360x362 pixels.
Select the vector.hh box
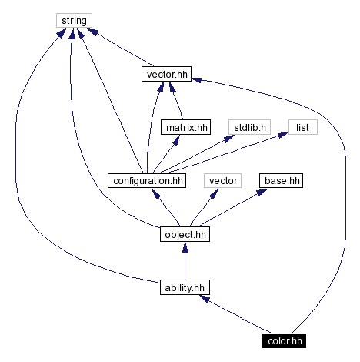point(165,75)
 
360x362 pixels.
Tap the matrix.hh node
point(185,128)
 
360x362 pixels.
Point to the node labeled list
point(303,128)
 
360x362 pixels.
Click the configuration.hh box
point(146,181)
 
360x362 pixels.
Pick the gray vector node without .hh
point(223,181)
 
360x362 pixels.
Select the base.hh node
point(280,181)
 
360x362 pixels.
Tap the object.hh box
point(185,234)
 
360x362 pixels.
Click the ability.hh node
point(185,287)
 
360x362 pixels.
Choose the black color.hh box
point(287,340)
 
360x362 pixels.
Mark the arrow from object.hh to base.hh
point(234,207)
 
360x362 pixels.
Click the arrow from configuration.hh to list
point(231,153)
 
